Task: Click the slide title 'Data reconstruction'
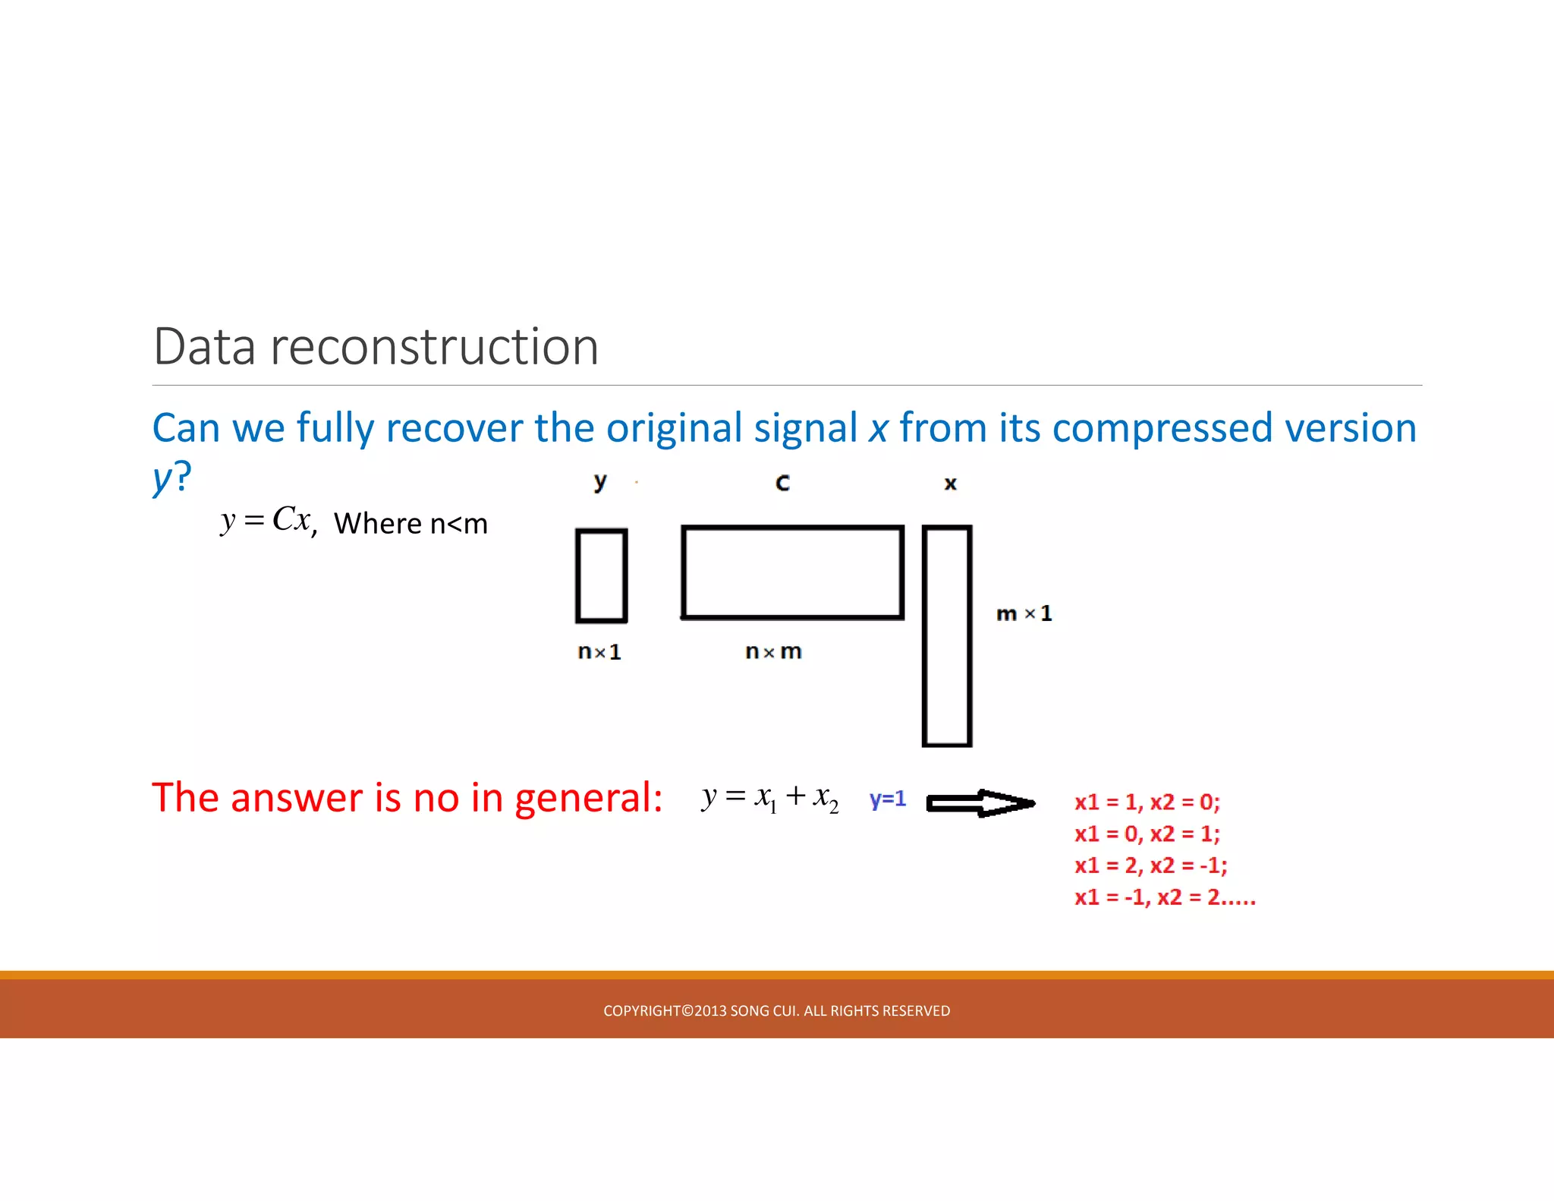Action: (376, 347)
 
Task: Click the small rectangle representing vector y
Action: (601, 575)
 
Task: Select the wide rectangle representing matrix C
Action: (792, 572)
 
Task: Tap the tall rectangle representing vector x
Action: (947, 636)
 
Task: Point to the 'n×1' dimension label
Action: (599, 652)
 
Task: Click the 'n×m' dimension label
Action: (773, 651)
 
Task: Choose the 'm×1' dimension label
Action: (1024, 613)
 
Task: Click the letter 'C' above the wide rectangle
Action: (782, 483)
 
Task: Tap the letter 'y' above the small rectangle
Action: (600, 482)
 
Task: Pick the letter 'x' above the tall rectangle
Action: (950, 484)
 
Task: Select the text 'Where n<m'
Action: (411, 524)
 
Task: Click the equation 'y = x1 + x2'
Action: (770, 797)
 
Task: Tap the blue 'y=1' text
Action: (888, 799)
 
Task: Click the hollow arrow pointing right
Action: (980, 802)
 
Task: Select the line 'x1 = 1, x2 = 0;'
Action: (1147, 802)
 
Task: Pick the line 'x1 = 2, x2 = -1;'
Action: (1150, 865)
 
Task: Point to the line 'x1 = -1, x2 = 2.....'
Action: (1165, 897)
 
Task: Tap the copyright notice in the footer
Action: (776, 1010)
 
